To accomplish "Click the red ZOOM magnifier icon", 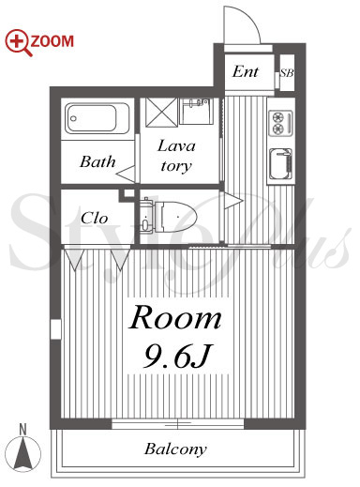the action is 18,42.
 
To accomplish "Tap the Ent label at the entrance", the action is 246,71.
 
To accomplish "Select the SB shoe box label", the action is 287,73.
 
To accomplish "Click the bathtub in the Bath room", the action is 97,118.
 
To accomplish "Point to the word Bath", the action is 97,161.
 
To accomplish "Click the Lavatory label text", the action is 176,156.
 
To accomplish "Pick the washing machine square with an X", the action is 161,113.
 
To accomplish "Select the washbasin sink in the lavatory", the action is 196,111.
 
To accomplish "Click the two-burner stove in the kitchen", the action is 280,123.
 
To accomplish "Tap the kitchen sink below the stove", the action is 280,164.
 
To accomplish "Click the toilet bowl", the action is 175,217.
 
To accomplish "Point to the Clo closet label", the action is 94,218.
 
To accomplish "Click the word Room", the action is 175,318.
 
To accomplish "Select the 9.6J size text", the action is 177,356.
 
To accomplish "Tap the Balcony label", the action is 175,449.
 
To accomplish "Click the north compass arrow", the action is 22,452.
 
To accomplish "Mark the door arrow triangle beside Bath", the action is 126,174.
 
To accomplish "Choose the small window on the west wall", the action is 55,329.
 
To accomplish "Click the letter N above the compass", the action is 22,430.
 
